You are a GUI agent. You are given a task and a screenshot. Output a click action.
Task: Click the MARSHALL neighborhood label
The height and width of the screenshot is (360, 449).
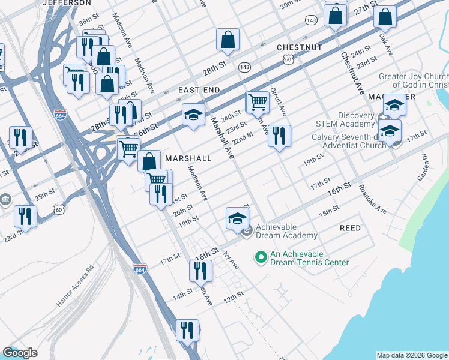tap(188, 158)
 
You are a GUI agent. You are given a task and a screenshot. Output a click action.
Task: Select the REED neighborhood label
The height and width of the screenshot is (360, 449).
tap(351, 228)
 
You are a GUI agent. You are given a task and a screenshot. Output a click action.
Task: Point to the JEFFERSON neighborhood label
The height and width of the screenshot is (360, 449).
tap(67, 3)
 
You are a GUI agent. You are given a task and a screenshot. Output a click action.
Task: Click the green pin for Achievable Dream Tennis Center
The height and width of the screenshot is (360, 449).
tap(261, 258)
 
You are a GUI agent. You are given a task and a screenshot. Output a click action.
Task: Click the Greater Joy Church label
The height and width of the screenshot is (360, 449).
tap(413, 81)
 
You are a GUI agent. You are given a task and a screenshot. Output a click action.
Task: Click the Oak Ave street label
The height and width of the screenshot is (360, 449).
tap(385, 44)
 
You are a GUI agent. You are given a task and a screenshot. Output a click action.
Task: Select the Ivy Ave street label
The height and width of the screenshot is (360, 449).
tap(231, 259)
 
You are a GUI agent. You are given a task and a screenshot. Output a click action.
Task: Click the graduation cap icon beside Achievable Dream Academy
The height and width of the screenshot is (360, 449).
tap(237, 218)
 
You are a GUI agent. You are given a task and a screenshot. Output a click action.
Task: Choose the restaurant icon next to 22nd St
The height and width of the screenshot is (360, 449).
tap(279, 136)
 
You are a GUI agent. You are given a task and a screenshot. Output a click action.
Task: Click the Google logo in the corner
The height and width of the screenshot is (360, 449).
tap(20, 353)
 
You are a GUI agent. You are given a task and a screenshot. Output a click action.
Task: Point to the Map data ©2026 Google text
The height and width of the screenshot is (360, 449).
tap(412, 355)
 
